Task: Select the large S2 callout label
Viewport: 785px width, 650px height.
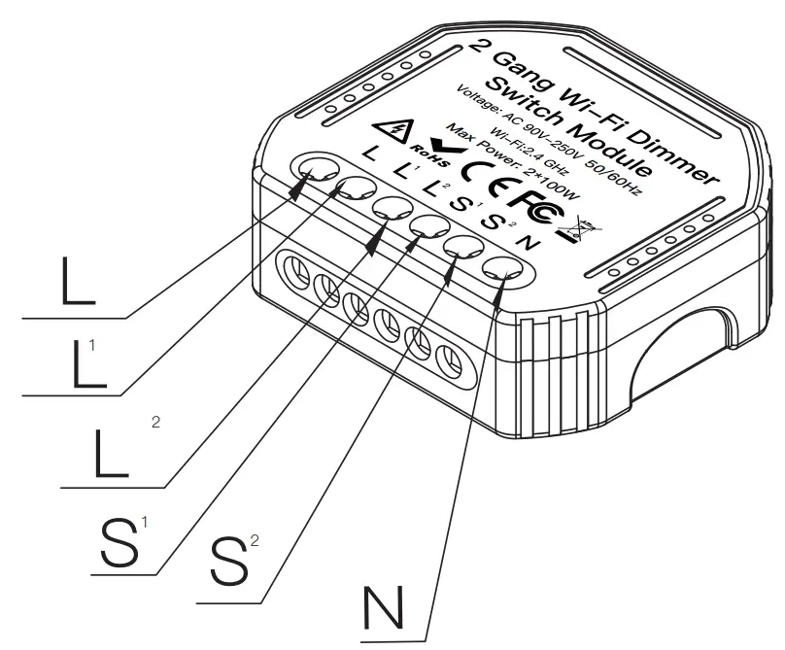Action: pos(229,561)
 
